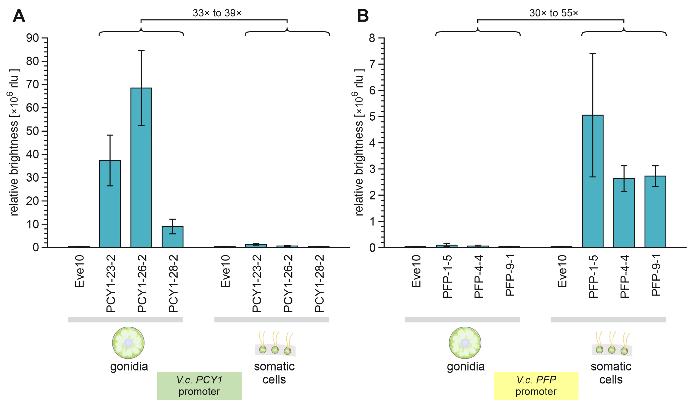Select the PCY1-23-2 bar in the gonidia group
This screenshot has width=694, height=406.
point(110,204)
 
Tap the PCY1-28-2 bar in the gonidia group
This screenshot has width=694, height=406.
point(172,237)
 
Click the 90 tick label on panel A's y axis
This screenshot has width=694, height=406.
point(33,38)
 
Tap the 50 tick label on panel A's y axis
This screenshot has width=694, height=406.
point(33,131)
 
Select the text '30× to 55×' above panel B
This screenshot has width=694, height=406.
point(554,13)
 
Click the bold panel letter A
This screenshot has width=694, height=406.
point(19,16)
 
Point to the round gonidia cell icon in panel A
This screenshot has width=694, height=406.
point(128,343)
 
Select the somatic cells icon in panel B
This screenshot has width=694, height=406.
point(612,345)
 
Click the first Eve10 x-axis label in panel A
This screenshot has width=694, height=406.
point(79,271)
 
